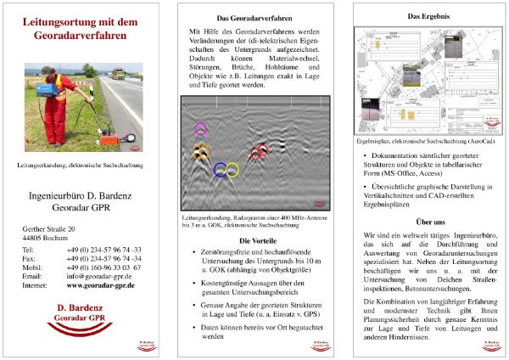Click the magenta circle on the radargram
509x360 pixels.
click(201, 129)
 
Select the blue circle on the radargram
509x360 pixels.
click(221, 169)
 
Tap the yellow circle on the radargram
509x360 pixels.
click(232, 170)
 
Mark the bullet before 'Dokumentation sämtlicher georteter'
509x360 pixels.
click(364, 157)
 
